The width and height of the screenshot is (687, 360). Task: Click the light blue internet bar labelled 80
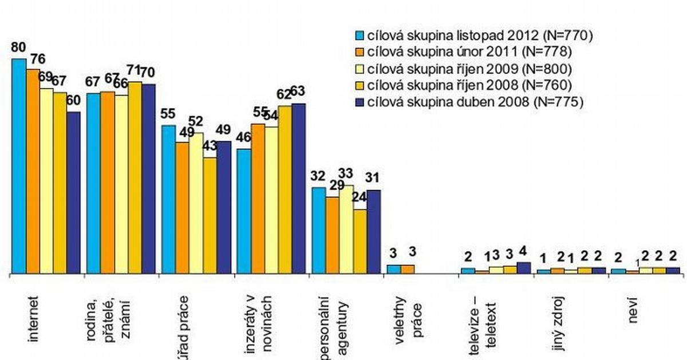tap(19, 166)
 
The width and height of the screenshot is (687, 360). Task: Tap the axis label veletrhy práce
tap(410, 318)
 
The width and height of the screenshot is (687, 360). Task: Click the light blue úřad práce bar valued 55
tap(168, 200)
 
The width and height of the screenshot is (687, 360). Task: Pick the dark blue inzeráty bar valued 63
tap(298, 189)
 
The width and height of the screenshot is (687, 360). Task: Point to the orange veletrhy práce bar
tap(408, 270)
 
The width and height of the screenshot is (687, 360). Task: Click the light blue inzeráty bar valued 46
tap(243, 212)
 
